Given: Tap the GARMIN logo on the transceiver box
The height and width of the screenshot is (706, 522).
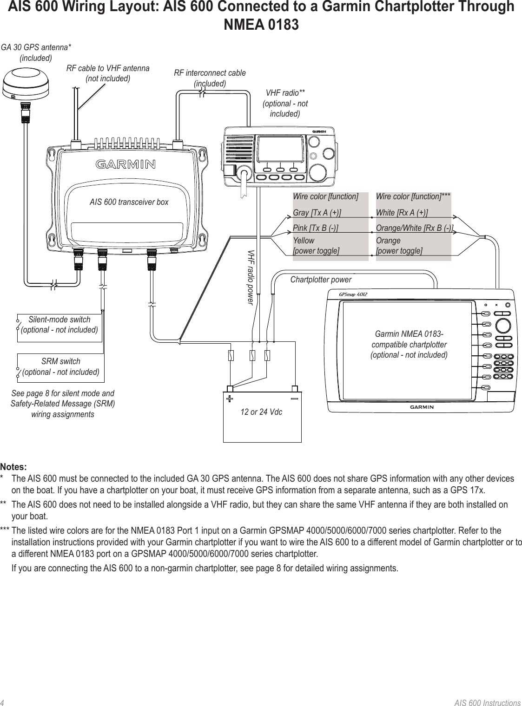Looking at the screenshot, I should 126,164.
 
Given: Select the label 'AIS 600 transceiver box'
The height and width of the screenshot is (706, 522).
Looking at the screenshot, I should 129,202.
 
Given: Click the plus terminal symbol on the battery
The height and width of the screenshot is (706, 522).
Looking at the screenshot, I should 229,399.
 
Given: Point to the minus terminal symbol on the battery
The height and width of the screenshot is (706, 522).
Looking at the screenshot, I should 294,399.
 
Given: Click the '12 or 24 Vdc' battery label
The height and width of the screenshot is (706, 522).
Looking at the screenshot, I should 261,412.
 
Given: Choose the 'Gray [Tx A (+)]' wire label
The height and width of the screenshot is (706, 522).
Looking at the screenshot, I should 317,213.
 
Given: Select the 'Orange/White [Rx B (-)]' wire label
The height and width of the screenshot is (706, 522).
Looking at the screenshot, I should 414,228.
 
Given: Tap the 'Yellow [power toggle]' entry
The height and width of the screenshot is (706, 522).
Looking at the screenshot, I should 316,246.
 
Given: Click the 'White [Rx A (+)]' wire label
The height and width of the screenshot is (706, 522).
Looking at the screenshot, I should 402,213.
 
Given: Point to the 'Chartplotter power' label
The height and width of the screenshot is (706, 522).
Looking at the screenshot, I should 321,280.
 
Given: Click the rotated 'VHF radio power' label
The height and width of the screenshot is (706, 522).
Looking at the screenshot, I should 251,277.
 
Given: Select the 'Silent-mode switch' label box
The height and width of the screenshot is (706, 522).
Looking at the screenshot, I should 59,325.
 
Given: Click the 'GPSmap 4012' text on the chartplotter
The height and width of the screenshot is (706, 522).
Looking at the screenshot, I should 353,294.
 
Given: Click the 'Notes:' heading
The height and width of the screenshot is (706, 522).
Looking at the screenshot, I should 13,466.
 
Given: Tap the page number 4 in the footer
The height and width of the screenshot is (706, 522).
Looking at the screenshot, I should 2,702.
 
